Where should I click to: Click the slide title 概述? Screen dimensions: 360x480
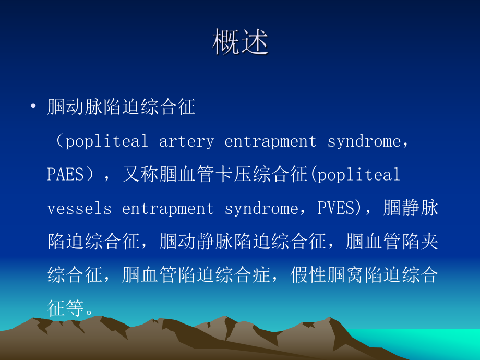[x=241, y=42]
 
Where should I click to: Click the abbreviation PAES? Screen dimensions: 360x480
[x=65, y=174]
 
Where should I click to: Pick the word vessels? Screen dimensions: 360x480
[x=79, y=208]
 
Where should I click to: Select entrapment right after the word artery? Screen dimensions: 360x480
[x=270, y=141]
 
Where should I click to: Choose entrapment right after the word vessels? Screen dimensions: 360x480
[x=168, y=208]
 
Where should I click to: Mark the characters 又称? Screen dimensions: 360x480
[x=140, y=174]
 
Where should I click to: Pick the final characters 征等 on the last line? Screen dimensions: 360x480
[x=66, y=307]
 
